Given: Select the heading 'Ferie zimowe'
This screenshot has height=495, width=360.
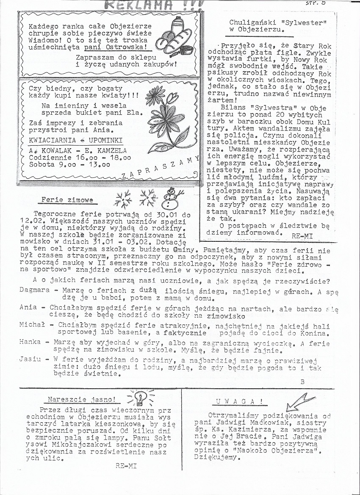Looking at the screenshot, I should (x=67, y=199).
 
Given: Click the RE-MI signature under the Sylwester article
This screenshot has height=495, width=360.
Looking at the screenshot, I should (x=302, y=235).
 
